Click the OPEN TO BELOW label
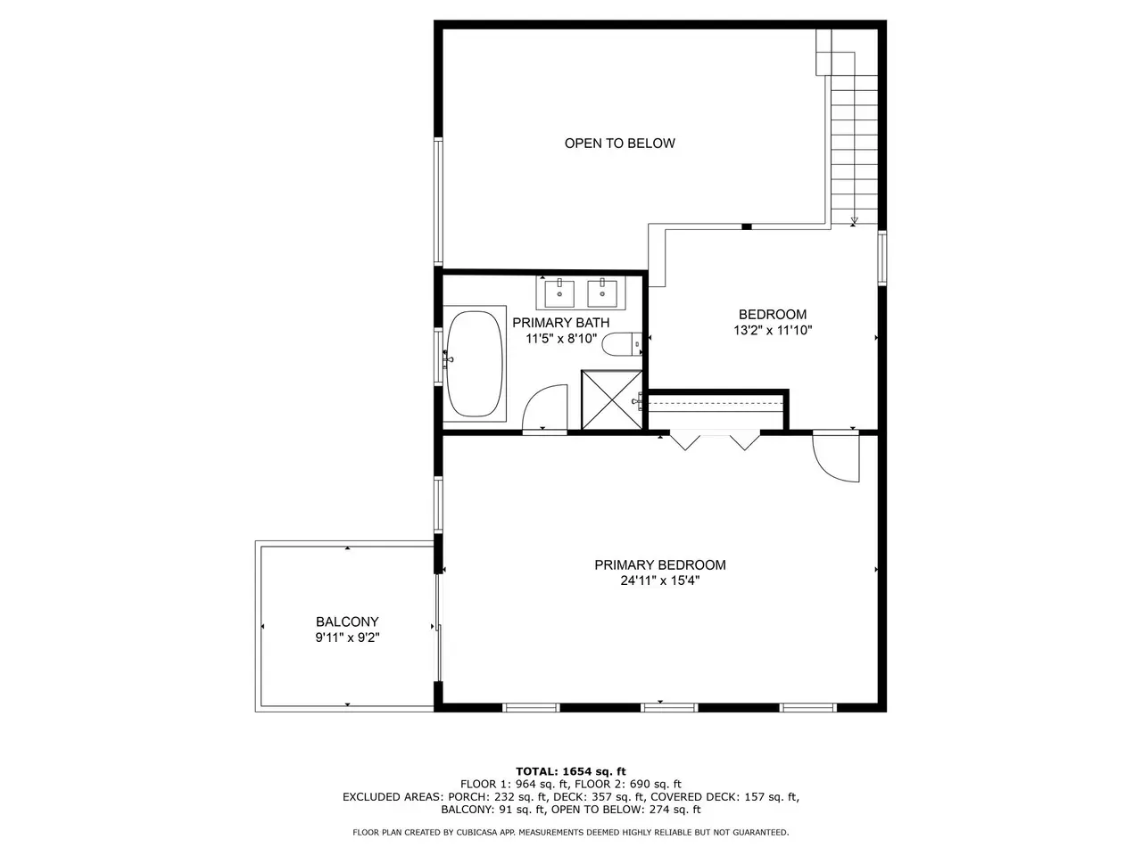(x=620, y=144)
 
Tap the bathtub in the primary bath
(x=475, y=364)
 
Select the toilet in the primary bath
(x=622, y=344)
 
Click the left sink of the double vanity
(x=559, y=293)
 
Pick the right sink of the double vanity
(x=602, y=293)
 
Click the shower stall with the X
(x=612, y=400)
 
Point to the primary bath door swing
(x=544, y=408)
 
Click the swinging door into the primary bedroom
(x=836, y=457)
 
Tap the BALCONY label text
(x=347, y=621)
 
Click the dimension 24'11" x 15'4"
(x=659, y=580)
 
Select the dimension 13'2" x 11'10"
(x=773, y=330)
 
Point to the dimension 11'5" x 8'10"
(x=561, y=339)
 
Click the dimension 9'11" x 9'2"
(x=347, y=638)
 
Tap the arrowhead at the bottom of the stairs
(x=854, y=221)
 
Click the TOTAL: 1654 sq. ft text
(x=571, y=771)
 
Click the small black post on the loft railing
(x=747, y=226)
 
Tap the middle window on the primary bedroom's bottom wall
(x=669, y=707)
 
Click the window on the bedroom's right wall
(x=882, y=258)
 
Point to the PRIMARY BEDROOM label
(x=659, y=565)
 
